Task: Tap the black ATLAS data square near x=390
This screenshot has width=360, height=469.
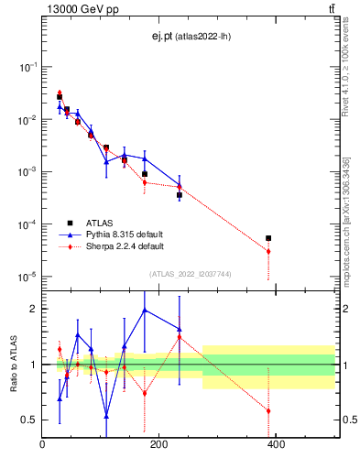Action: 268,238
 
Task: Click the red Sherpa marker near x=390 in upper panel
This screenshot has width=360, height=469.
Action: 268,251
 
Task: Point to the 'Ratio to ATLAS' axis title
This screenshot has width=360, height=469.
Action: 13,364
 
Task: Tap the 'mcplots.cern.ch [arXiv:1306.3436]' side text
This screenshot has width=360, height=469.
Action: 346,220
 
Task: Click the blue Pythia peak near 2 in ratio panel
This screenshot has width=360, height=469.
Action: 145,310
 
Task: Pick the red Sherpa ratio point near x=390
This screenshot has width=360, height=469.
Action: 268,410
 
